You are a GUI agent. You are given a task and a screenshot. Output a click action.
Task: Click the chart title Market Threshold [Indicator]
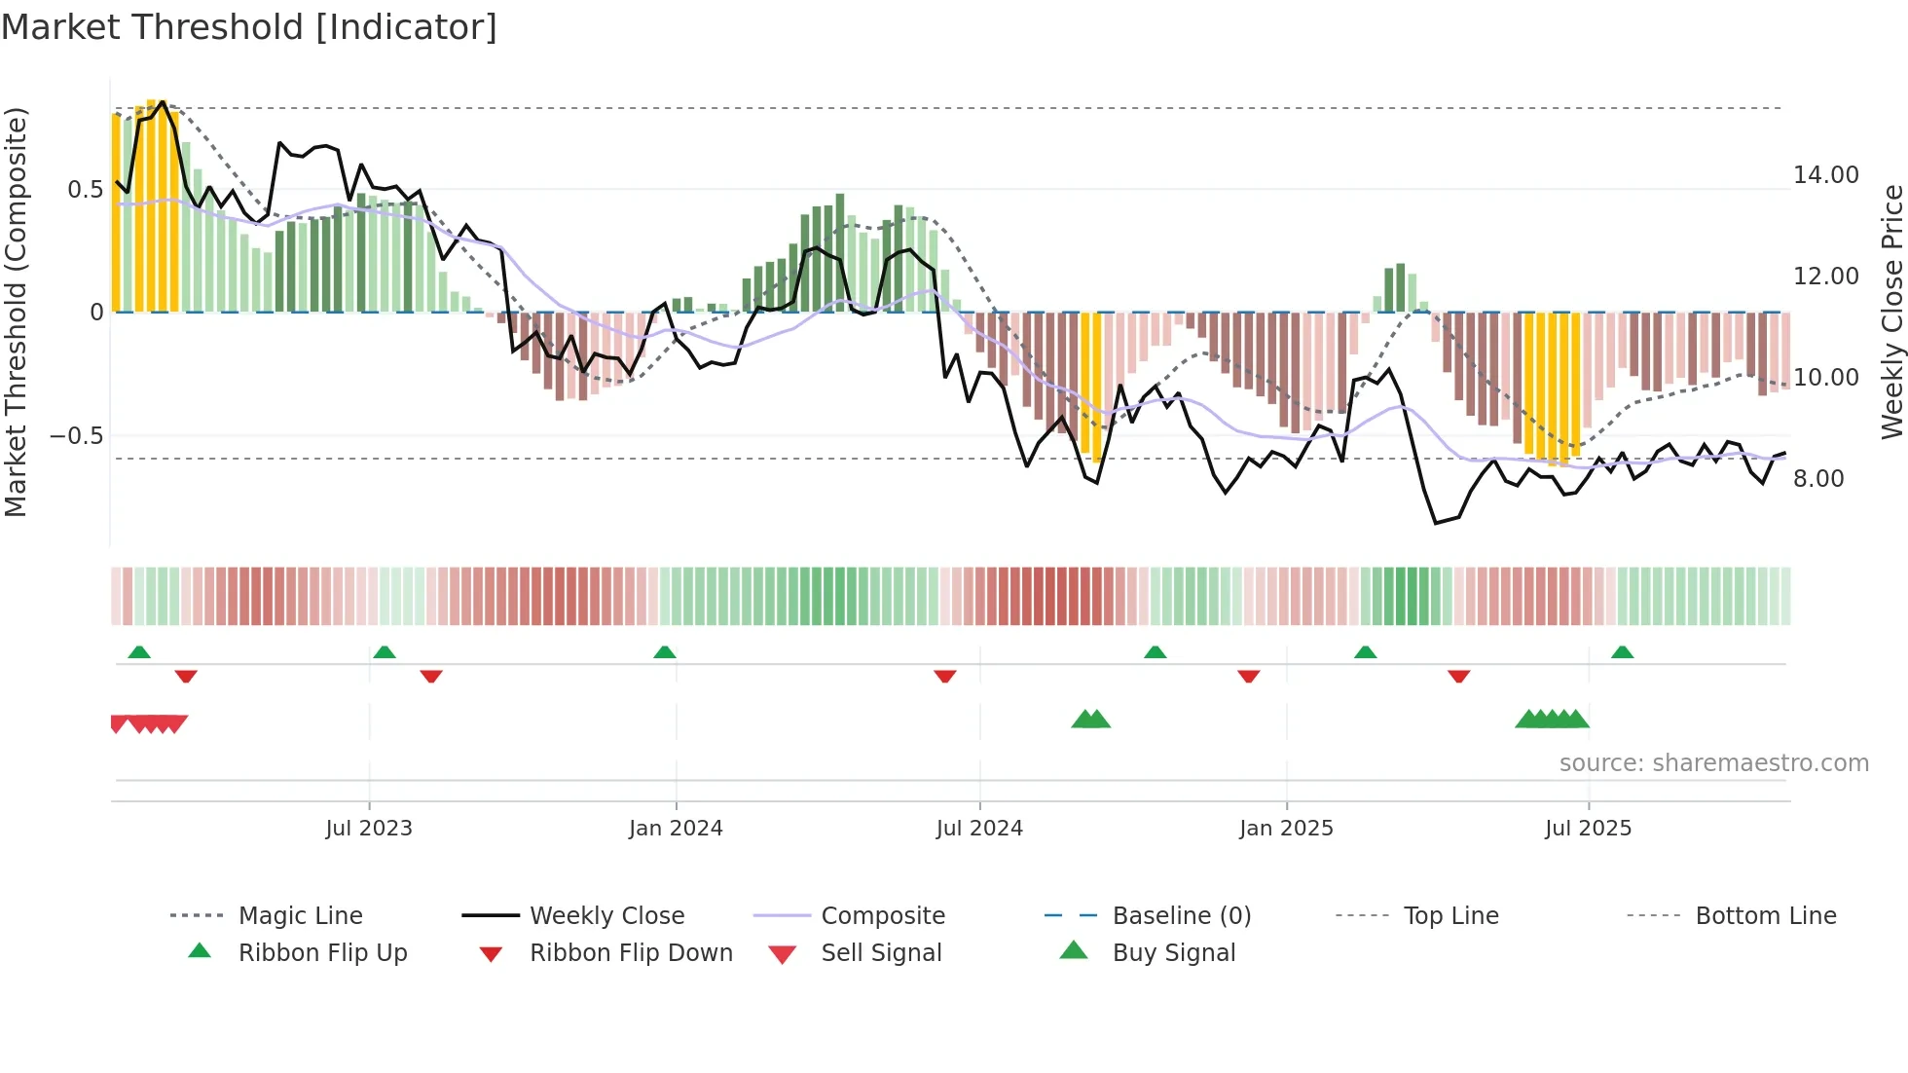tap(249, 27)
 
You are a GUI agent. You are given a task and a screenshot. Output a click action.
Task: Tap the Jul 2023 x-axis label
tap(369, 829)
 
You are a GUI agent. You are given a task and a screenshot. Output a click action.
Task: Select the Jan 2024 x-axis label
tap(676, 829)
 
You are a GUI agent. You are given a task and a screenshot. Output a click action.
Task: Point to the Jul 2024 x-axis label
tap(979, 829)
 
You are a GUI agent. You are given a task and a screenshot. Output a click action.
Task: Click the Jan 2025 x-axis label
tap(1286, 829)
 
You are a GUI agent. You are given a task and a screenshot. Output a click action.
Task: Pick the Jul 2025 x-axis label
tap(1588, 829)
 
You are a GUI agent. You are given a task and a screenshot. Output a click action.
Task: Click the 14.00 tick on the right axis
tap(1825, 175)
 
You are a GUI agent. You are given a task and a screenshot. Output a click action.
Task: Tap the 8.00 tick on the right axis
tap(1818, 479)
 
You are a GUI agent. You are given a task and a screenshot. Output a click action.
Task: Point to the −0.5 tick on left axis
tap(77, 436)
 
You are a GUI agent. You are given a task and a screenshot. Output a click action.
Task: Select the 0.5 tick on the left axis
tap(85, 190)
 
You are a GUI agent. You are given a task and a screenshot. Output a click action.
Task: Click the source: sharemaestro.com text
tap(1713, 763)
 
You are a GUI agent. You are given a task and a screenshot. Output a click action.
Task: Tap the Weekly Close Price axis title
tap(1891, 312)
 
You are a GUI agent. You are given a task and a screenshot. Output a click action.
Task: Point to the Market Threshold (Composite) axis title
tap(17, 312)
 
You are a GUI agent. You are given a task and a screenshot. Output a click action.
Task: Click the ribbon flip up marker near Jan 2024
tap(665, 652)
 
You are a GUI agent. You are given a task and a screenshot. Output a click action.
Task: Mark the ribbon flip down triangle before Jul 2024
tap(944, 676)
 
